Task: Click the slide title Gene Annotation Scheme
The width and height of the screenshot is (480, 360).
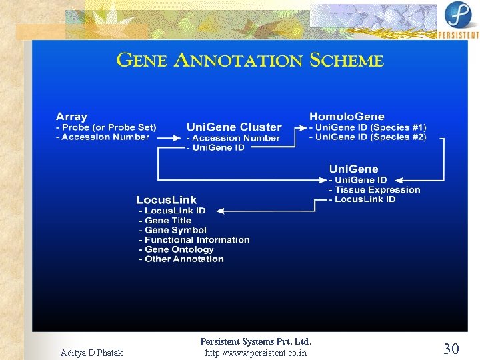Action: (250, 61)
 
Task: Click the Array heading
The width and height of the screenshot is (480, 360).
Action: (71, 117)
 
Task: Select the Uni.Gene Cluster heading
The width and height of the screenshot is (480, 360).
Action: (234, 127)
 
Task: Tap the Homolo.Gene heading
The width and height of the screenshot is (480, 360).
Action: (347, 117)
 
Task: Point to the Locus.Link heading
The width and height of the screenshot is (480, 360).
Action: (166, 200)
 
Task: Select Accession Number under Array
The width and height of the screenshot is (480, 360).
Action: (105, 137)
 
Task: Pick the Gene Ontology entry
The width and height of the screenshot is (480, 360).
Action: (178, 249)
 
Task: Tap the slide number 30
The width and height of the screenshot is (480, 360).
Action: (451, 348)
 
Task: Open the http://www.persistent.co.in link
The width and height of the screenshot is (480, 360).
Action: (256, 353)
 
